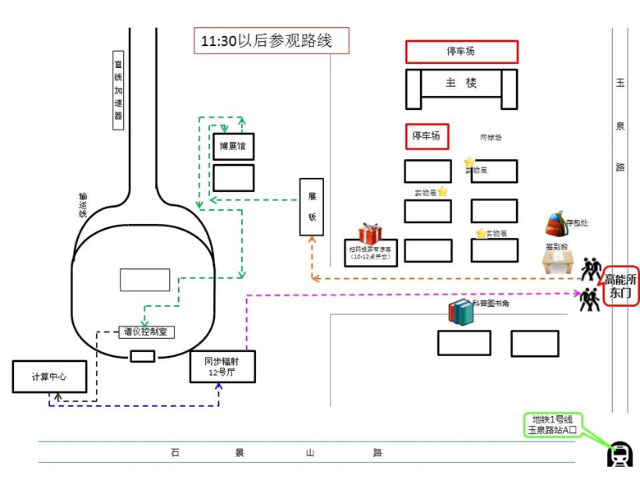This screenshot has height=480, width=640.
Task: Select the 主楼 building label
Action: (461, 83)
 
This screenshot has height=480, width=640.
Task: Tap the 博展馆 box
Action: (233, 146)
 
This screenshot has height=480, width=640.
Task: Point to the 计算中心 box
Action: (48, 376)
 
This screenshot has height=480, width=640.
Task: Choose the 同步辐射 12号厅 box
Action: (222, 366)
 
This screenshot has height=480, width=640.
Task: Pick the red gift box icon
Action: (370, 234)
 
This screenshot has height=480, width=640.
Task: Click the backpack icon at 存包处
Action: (556, 222)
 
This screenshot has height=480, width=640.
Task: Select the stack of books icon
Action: (460, 312)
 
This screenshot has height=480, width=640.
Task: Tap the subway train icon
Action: (618, 453)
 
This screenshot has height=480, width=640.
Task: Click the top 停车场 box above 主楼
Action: (461, 52)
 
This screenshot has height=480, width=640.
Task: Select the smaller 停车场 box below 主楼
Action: (426, 136)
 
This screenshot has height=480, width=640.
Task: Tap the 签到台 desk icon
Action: (558, 262)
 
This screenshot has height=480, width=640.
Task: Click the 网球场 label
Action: (490, 138)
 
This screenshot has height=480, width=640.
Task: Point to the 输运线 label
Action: (83, 204)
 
